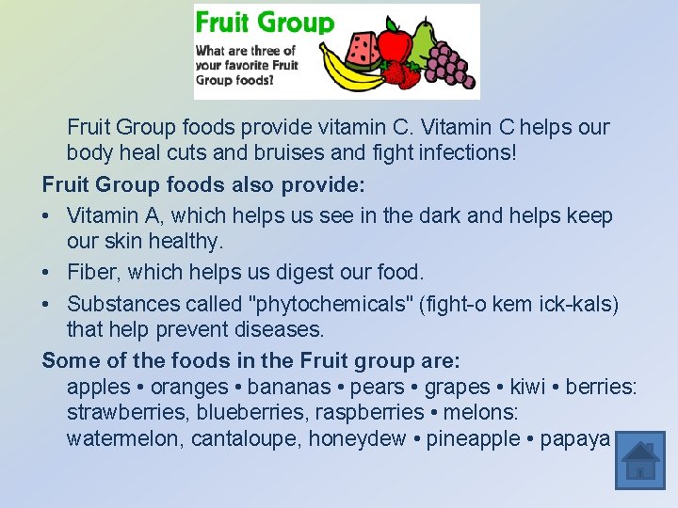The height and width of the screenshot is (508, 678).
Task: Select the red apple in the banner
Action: tap(395, 44)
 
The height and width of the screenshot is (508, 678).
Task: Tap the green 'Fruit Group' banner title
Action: tap(265, 23)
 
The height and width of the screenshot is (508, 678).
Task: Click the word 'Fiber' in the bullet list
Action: tap(91, 272)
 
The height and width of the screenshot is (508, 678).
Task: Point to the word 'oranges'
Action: tap(189, 387)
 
